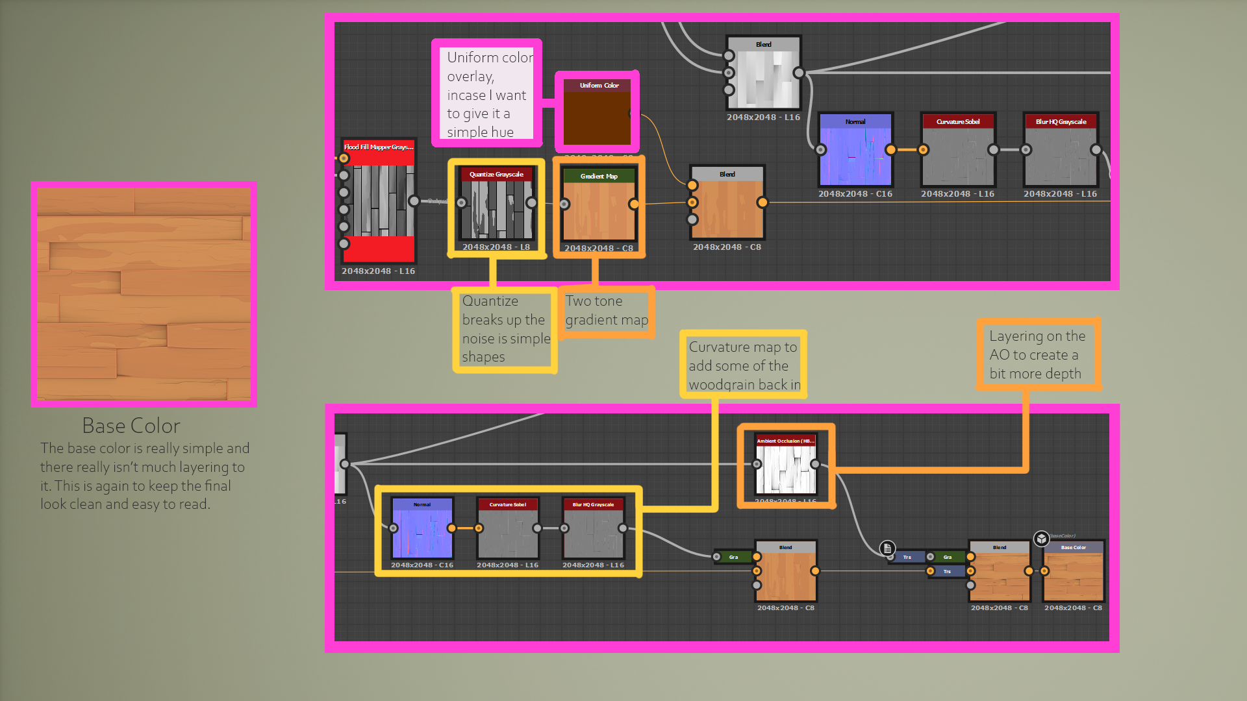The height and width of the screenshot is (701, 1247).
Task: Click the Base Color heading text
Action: pyautogui.click(x=131, y=426)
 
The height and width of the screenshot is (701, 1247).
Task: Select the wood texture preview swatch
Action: pyautogui.click(x=144, y=294)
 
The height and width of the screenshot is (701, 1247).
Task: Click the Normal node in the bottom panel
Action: pyautogui.click(x=422, y=529)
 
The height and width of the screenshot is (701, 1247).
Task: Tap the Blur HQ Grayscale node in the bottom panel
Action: pyautogui.click(x=593, y=529)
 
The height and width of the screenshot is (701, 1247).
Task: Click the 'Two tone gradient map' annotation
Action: pyautogui.click(x=606, y=311)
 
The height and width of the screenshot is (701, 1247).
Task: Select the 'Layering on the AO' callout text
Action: pyautogui.click(x=1037, y=354)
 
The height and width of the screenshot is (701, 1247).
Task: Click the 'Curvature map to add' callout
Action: pyautogui.click(x=743, y=365)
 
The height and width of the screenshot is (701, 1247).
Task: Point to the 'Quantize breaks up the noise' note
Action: pyautogui.click(x=505, y=329)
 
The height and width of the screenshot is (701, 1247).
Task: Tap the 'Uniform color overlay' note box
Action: pyautogui.click(x=486, y=94)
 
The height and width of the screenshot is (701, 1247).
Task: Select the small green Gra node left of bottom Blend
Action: pyautogui.click(x=733, y=557)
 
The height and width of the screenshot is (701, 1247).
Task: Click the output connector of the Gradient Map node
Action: pyautogui.click(x=634, y=204)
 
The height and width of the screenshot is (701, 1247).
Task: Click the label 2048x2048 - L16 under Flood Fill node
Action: pyautogui.click(x=378, y=271)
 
